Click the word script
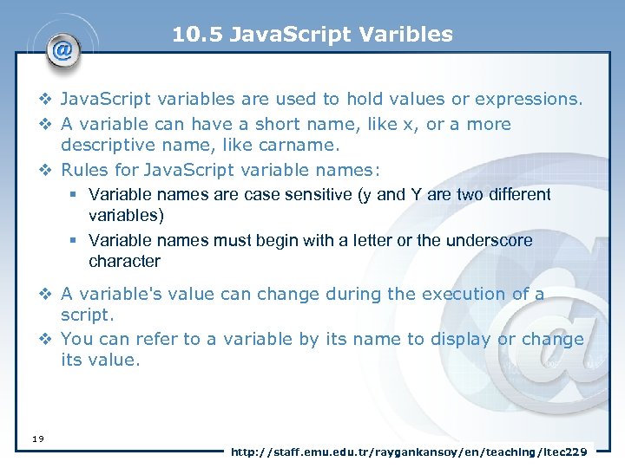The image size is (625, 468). pyautogui.click(x=86, y=315)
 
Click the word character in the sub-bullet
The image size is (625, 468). pyautogui.click(x=124, y=261)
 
